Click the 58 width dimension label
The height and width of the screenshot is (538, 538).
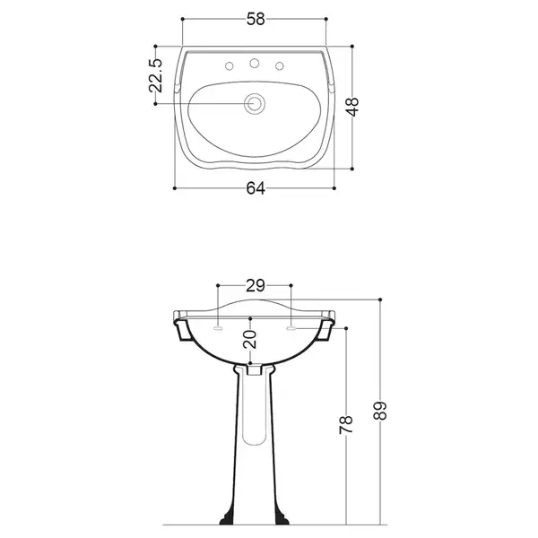coord(256,19)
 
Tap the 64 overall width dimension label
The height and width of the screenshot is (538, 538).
coord(256,188)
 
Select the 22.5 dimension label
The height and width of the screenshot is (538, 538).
coord(155,75)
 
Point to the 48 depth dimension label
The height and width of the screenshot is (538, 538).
coord(353,107)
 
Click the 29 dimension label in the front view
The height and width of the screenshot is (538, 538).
coord(256,285)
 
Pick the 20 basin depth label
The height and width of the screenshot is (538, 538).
coord(250,339)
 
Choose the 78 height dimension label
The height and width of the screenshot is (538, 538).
coord(346,424)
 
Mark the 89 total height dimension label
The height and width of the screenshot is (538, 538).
coord(380,411)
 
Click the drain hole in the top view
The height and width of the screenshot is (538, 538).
coord(255,104)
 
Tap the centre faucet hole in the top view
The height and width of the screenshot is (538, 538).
coord(255,63)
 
